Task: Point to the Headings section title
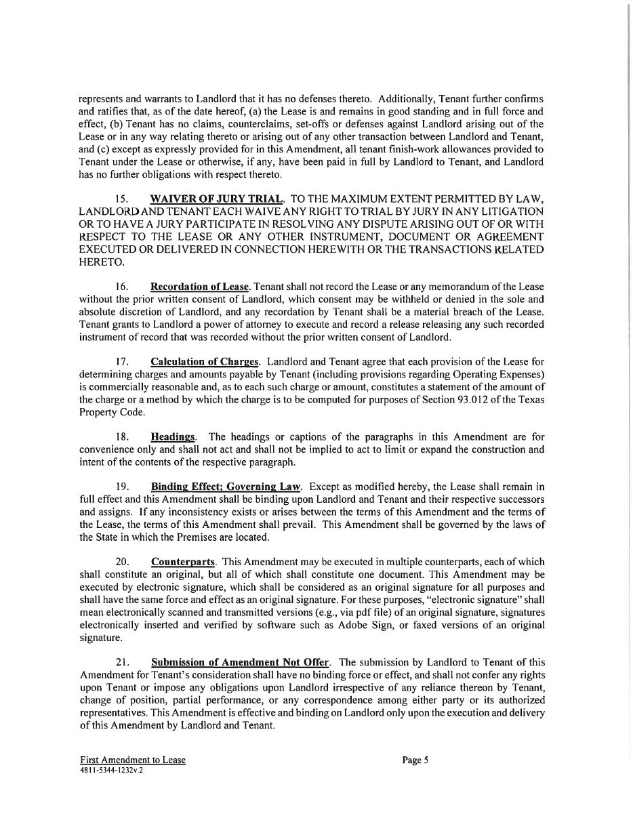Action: point(173,437)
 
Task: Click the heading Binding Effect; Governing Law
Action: point(226,487)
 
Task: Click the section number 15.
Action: point(122,199)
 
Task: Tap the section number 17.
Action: point(122,362)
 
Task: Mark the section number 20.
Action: point(123,562)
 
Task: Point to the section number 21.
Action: point(123,662)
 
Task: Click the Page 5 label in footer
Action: point(415,760)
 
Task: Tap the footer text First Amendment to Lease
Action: point(132,760)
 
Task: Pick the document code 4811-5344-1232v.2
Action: point(111,771)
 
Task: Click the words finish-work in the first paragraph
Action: point(419,149)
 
